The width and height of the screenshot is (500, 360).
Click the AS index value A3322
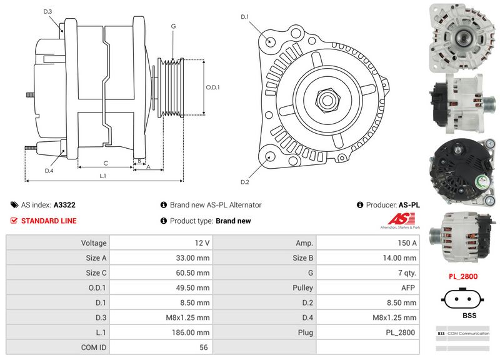64,204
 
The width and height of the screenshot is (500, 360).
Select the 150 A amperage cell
407,242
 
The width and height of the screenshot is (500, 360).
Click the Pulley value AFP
407,287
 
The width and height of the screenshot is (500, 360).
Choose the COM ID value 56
203,347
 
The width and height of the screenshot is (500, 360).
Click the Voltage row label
94,242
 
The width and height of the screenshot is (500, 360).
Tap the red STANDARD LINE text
49,221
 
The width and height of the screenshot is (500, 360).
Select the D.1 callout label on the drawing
245,17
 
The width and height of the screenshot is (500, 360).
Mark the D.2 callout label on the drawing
245,182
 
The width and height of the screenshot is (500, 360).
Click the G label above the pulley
172,26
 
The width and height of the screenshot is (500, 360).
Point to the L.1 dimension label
104,176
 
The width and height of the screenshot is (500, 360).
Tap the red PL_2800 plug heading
463,276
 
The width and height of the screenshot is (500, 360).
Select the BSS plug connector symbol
463,298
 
